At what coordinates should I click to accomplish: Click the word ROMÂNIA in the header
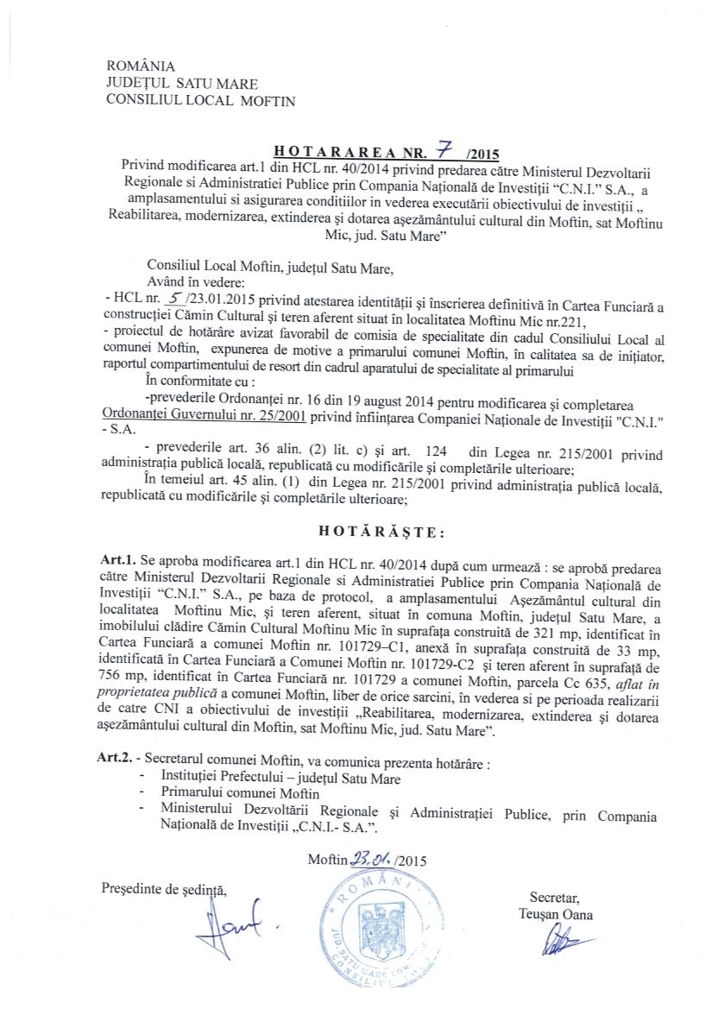point(140,66)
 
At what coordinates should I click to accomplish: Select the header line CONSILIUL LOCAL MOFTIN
point(200,100)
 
